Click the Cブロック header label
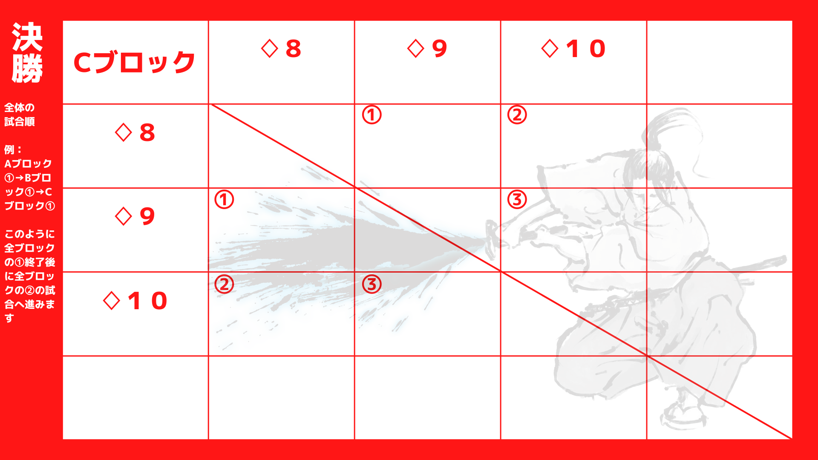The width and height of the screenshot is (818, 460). (134, 62)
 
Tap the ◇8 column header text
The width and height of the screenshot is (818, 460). (281, 49)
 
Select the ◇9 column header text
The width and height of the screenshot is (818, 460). (427, 49)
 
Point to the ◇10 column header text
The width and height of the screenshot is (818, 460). (573, 49)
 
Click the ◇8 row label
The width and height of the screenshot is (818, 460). (135, 132)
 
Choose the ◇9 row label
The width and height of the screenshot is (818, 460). (135, 216)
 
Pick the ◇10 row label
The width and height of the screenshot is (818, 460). (135, 301)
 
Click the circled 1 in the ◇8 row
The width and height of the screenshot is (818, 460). (372, 115)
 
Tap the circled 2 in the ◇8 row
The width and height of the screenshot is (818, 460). (517, 115)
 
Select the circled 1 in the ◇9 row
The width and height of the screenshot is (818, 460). (224, 199)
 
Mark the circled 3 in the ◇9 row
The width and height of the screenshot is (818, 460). (517, 199)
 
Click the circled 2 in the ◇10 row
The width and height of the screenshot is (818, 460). (224, 284)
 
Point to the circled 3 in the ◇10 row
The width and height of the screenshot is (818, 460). (372, 284)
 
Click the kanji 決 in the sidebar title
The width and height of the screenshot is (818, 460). (27, 37)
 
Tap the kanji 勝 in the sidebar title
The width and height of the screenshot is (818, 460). (27, 68)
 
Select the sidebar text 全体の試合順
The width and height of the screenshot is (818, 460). (20, 115)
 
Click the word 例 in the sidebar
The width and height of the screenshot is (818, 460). (9, 150)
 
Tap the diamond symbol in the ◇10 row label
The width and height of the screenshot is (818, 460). (112, 301)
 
